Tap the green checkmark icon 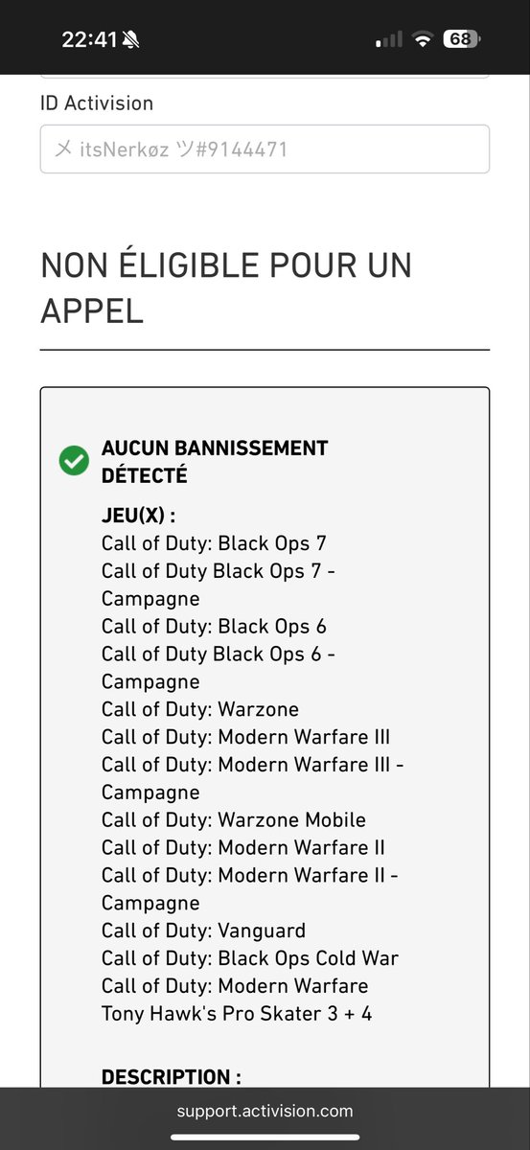pyautogui.click(x=74, y=461)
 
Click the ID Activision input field pyautogui.click(x=265, y=149)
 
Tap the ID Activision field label pyautogui.click(x=97, y=103)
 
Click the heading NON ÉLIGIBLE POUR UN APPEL pyautogui.click(x=226, y=288)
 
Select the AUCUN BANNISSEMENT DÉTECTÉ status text pyautogui.click(x=215, y=462)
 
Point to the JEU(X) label pyautogui.click(x=139, y=515)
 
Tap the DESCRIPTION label pyautogui.click(x=172, y=1076)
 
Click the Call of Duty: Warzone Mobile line pyautogui.click(x=234, y=820)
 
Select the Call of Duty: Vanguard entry pyautogui.click(x=204, y=931)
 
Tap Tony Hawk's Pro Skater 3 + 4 pyautogui.click(x=237, y=1014)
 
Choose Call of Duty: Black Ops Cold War pyautogui.click(x=250, y=958)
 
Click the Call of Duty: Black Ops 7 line pyautogui.click(x=214, y=543)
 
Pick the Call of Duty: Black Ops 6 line pyautogui.click(x=214, y=627)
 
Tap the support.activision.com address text pyautogui.click(x=265, y=1111)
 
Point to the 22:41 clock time pyautogui.click(x=89, y=39)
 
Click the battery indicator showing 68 pyautogui.click(x=462, y=39)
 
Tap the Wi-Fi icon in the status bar pyautogui.click(x=424, y=39)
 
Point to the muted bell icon pyautogui.click(x=130, y=39)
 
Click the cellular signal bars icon pyautogui.click(x=389, y=39)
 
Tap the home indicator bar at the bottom pyautogui.click(x=265, y=1138)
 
